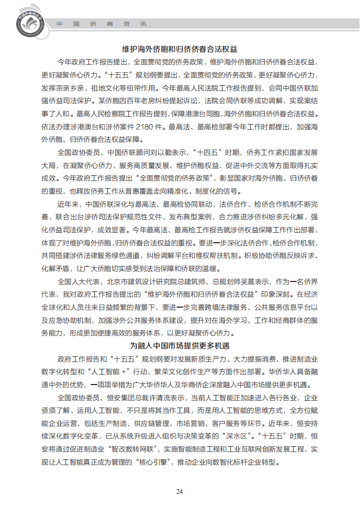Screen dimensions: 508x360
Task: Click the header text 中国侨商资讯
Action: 102,24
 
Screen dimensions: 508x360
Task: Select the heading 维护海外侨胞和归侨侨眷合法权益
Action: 179,49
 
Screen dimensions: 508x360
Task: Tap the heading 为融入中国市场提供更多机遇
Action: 179,345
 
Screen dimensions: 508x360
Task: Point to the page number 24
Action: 179,491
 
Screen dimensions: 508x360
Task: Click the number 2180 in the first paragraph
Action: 144,127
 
